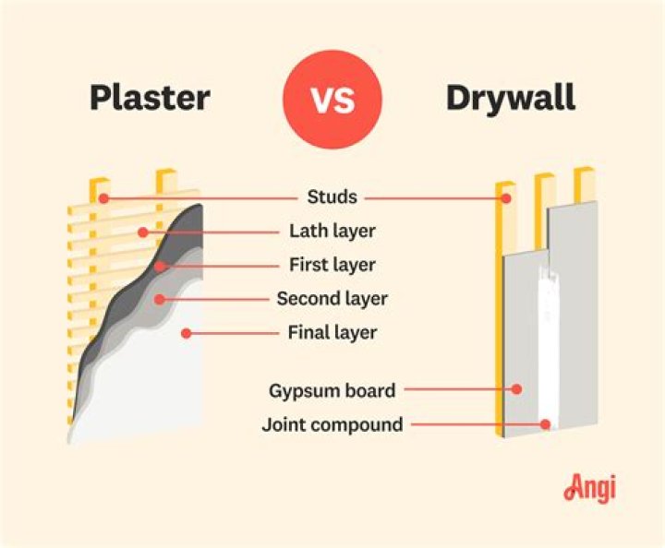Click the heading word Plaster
[151, 99]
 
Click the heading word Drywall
[510, 99]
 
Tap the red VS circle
[332, 99]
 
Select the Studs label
[332, 197]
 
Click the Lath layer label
[332, 231]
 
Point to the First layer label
[332, 265]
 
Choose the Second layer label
[332, 299]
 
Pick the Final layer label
[332, 332]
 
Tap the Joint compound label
[332, 425]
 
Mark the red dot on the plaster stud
[104, 197]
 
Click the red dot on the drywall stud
[505, 197]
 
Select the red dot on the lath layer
[142, 232]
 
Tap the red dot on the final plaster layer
[186, 332]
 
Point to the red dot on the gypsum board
[517, 390]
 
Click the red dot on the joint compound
[547, 425]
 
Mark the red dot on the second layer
[160, 299]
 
